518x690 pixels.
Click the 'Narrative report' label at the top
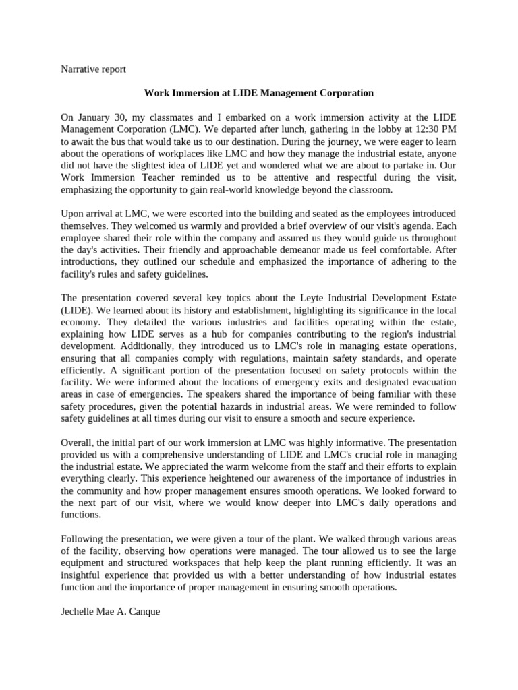click(x=93, y=69)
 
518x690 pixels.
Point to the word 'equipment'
click(x=84, y=563)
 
